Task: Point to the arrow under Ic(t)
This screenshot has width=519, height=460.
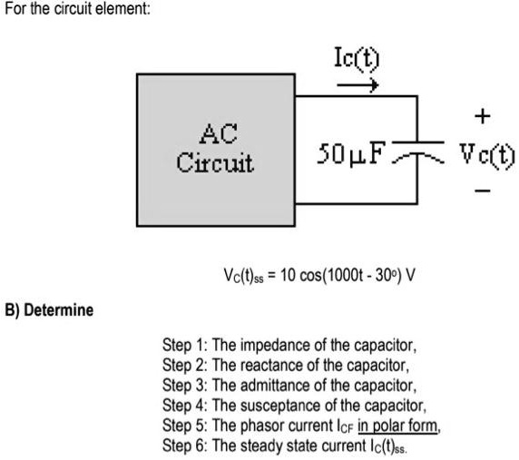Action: tap(358, 86)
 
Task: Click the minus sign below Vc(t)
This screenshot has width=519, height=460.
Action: tap(484, 191)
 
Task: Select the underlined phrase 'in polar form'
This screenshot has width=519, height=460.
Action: tap(397, 426)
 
